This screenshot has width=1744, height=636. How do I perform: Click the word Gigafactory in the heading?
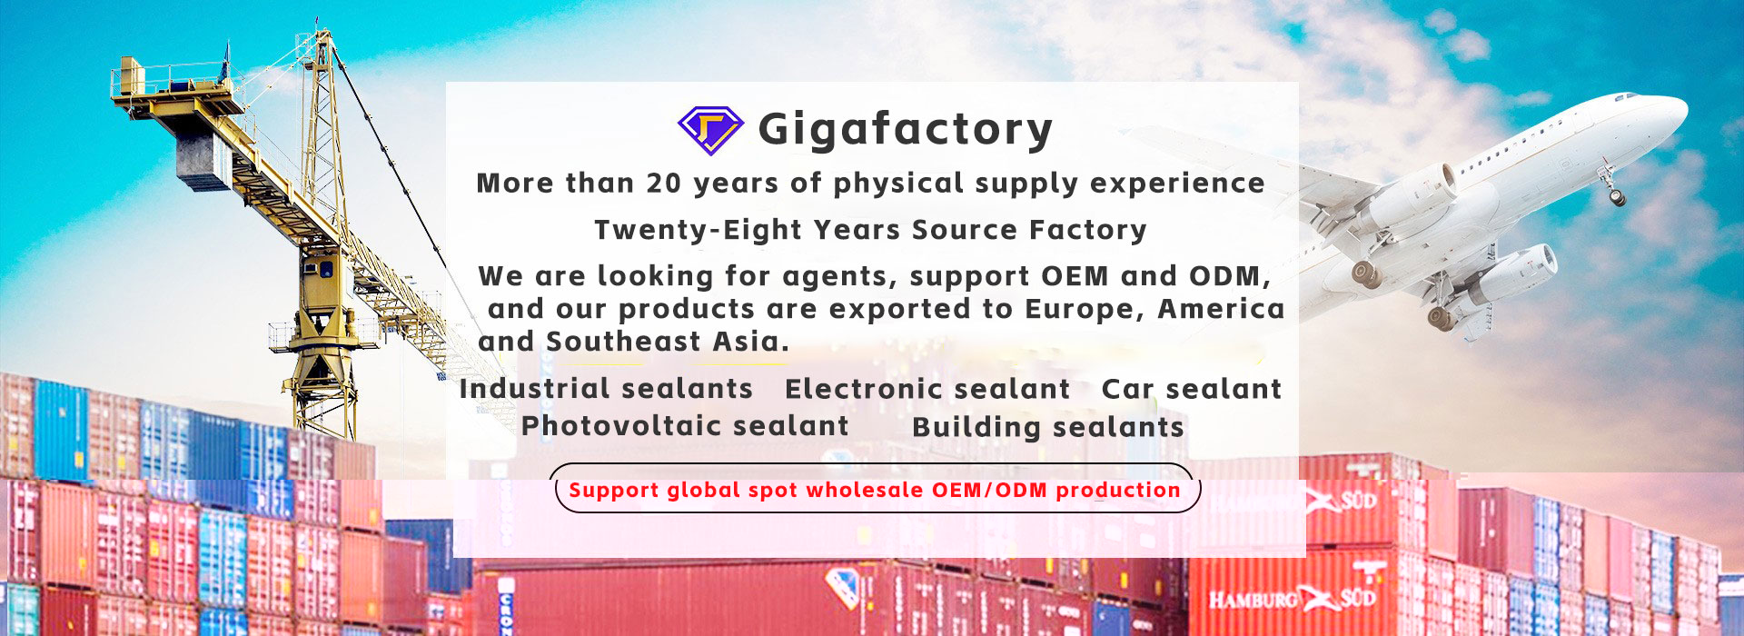(906, 130)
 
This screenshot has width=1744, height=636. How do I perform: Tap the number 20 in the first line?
(664, 184)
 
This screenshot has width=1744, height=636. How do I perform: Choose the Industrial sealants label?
(606, 389)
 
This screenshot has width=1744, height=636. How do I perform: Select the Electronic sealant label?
(927, 390)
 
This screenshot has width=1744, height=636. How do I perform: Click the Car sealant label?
(1191, 390)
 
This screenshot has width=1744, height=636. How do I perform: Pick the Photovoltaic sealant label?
(685, 426)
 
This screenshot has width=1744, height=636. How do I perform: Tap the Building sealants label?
(1048, 427)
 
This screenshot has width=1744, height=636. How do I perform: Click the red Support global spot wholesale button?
(877, 488)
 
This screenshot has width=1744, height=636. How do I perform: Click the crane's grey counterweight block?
(203, 158)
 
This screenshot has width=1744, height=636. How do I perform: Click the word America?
(1222, 310)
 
